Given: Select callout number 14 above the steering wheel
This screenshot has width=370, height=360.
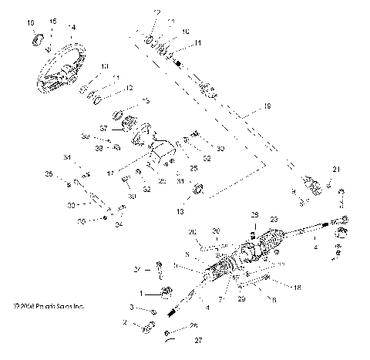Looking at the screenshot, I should pos(72,27).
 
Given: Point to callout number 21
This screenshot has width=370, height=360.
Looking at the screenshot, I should pos(335,169).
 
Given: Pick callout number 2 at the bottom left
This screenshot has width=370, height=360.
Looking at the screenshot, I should pos(126,324).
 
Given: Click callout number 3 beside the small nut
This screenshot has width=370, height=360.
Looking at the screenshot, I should pos(132,308).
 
